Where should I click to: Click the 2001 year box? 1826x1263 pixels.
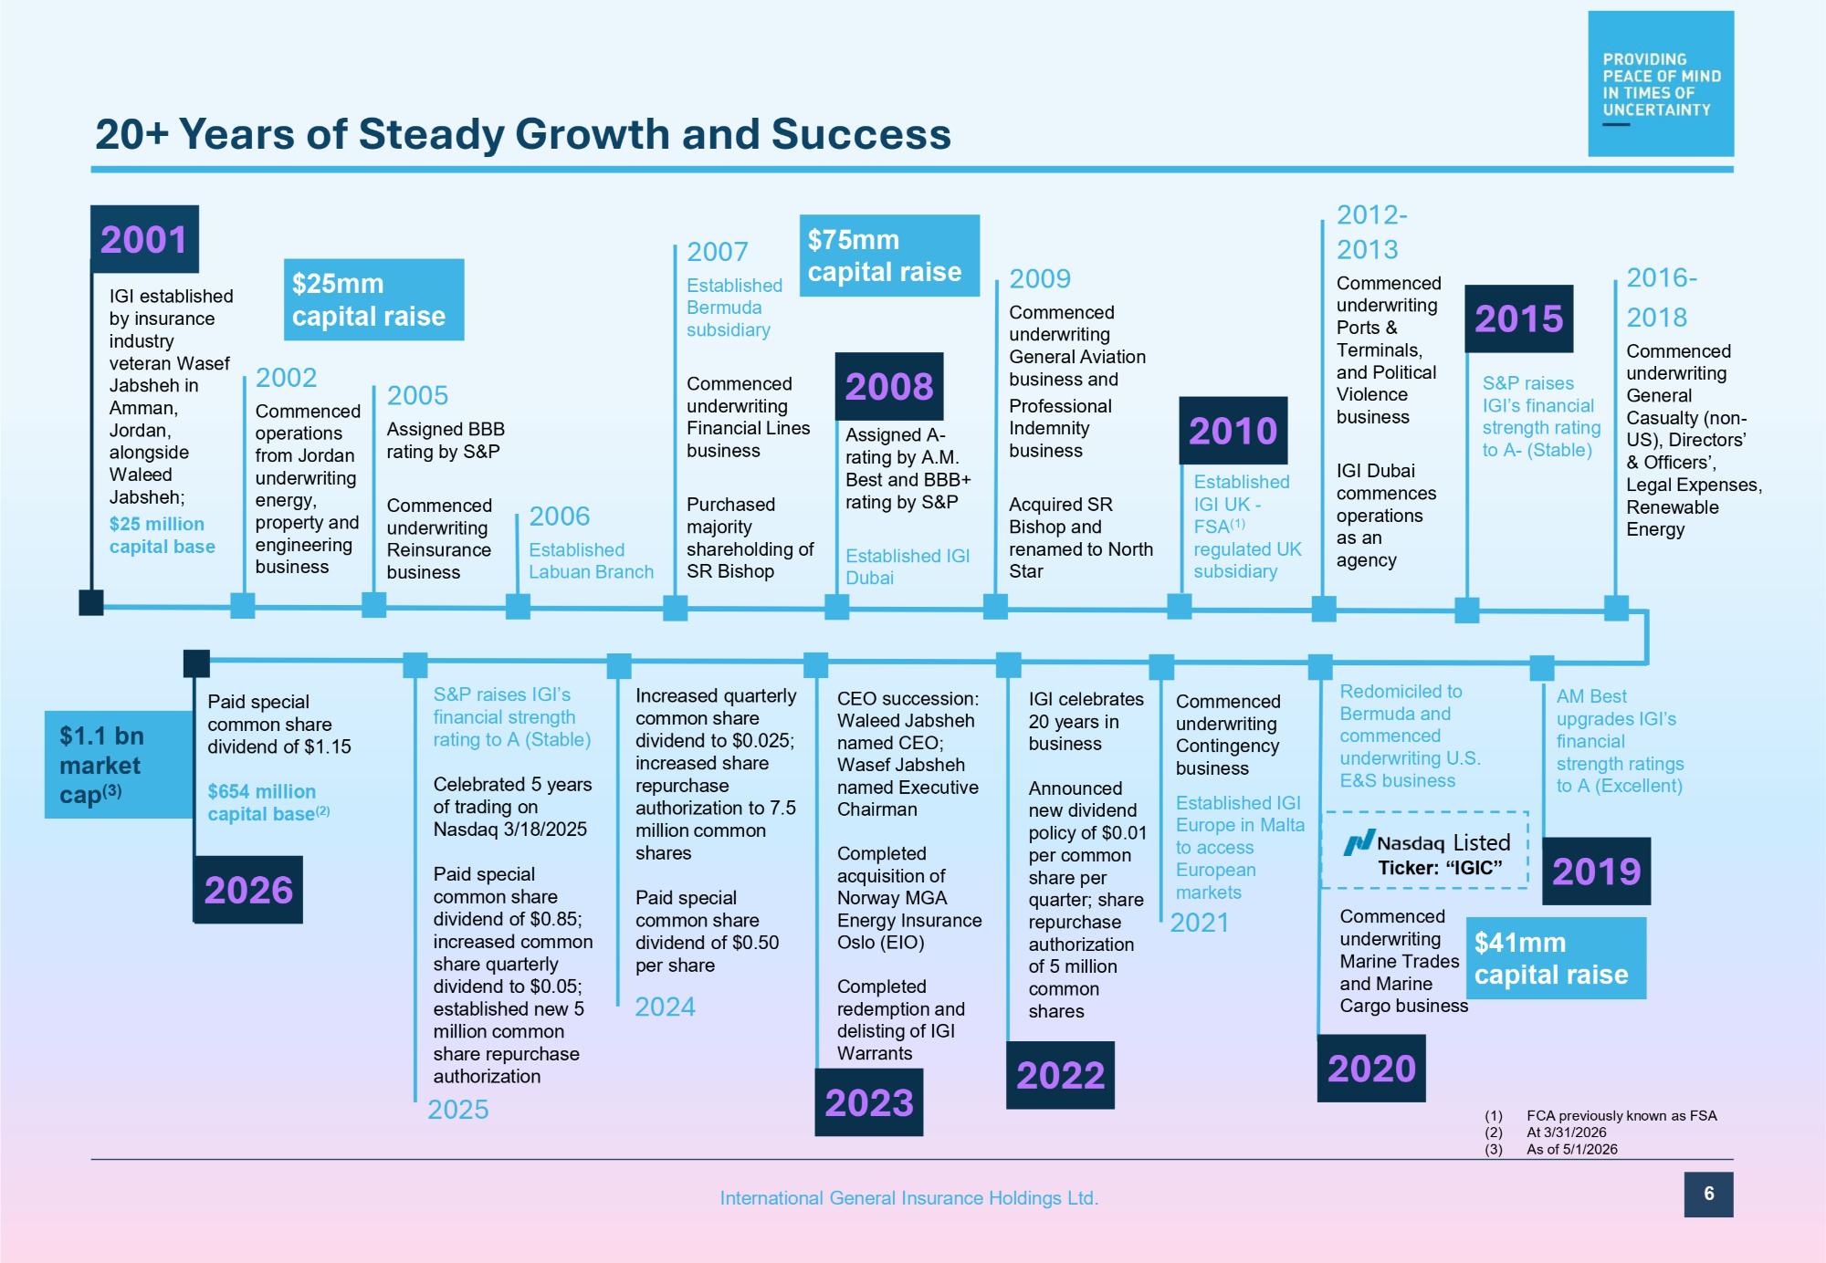point(144,239)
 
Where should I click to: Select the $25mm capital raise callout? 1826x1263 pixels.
point(373,300)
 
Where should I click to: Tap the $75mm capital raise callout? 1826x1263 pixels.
point(889,256)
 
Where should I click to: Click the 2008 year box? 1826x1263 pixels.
point(889,386)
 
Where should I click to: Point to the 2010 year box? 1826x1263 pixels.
point(1233,431)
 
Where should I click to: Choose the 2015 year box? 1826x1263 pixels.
point(1519,319)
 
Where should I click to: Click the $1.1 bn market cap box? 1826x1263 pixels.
point(119,765)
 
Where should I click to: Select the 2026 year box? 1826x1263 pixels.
point(248,890)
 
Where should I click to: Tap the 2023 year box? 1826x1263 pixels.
point(869,1102)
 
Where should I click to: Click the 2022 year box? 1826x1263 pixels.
point(1060,1075)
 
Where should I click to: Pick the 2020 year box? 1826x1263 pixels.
point(1371,1069)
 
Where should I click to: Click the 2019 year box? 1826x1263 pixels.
point(1596,872)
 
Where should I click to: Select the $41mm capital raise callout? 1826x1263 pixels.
point(1556,958)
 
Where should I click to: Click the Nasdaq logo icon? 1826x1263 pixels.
point(1358,842)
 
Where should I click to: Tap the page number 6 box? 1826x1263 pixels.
point(1708,1194)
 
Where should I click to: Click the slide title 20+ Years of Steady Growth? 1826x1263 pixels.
point(523,134)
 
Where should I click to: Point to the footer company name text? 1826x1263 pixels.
point(909,1198)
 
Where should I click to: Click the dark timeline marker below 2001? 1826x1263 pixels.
point(91,603)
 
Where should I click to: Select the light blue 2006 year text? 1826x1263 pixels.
point(560,517)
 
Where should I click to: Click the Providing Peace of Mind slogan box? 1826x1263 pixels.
point(1661,84)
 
